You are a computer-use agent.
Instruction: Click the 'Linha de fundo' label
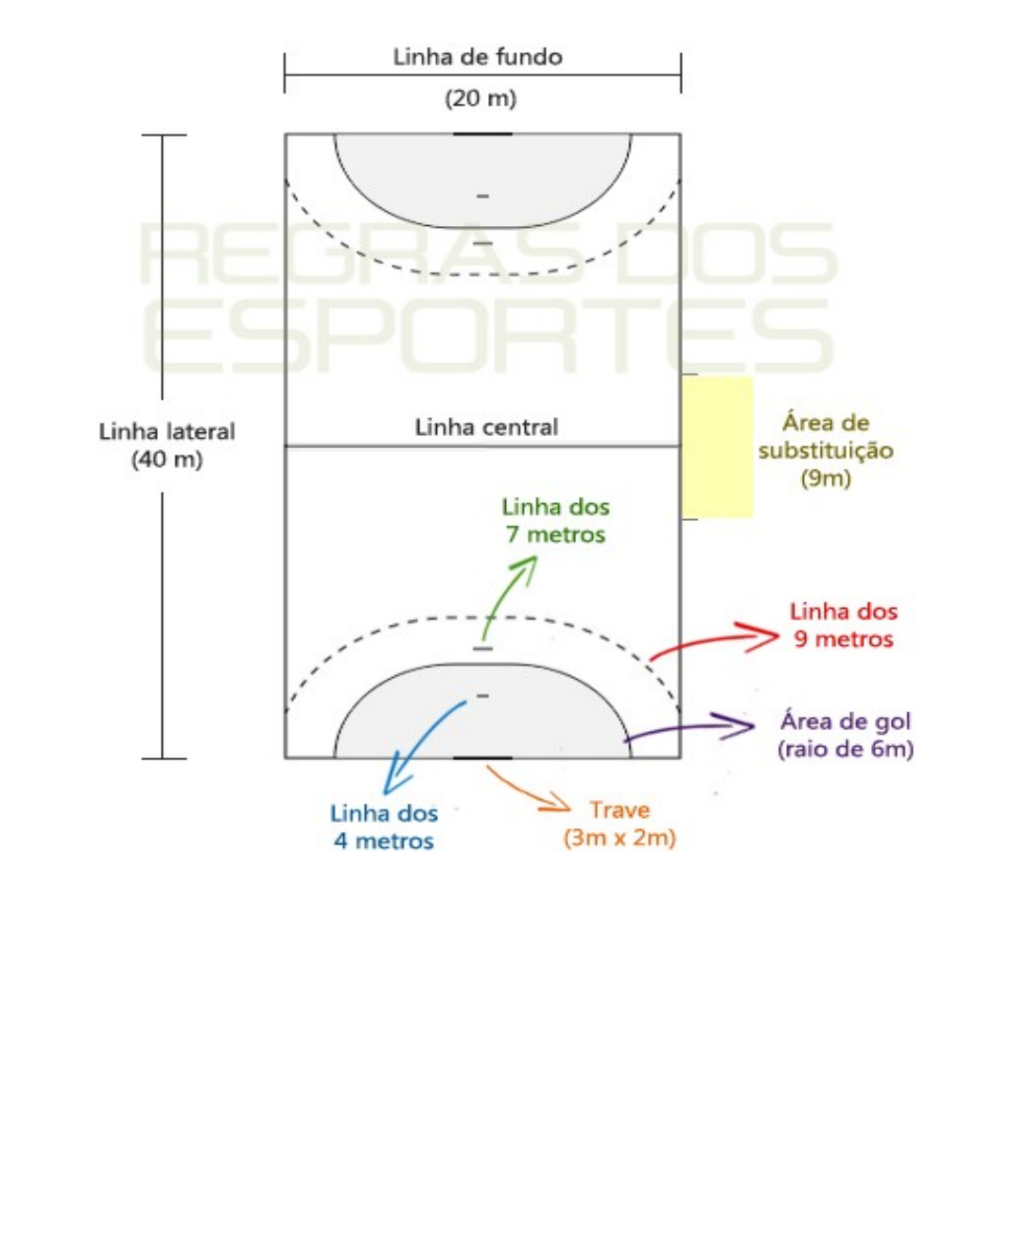pyautogui.click(x=478, y=57)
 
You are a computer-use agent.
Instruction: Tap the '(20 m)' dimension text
pyautogui.click(x=480, y=97)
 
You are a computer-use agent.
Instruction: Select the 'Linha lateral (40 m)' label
pyautogui.click(x=166, y=445)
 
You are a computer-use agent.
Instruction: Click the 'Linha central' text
pyautogui.click(x=486, y=427)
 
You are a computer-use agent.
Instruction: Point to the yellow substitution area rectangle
pyautogui.click(x=718, y=446)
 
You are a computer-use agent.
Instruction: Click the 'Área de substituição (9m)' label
pyautogui.click(x=826, y=450)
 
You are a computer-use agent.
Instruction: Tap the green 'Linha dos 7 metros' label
pyautogui.click(x=555, y=521)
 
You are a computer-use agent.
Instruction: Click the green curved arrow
pyautogui.click(x=505, y=593)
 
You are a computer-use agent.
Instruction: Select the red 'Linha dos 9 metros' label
pyautogui.click(x=844, y=625)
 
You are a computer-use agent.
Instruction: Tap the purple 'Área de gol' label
pyautogui.click(x=846, y=735)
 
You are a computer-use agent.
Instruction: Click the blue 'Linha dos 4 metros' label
pyautogui.click(x=384, y=827)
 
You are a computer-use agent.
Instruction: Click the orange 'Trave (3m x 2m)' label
pyautogui.click(x=620, y=824)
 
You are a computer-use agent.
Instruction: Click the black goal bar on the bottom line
pyautogui.click(x=482, y=757)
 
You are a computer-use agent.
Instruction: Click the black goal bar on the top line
pyautogui.click(x=482, y=134)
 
